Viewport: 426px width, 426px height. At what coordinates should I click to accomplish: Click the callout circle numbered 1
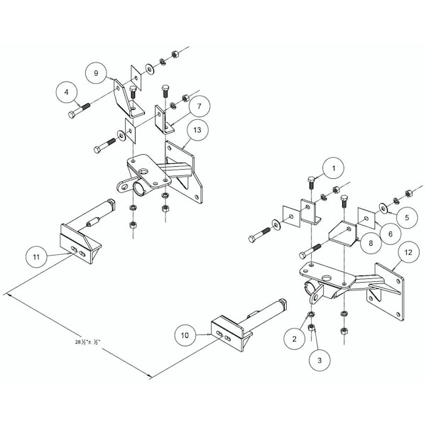point(331,169)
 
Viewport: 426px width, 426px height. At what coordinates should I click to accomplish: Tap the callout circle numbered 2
point(293,339)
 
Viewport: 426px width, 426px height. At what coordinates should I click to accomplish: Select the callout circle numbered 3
point(319,360)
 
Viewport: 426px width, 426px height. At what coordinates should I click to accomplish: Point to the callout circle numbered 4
point(67,92)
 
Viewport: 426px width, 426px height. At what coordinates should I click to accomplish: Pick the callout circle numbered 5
point(407,214)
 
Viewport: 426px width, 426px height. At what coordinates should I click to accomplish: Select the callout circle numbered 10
point(185,334)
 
